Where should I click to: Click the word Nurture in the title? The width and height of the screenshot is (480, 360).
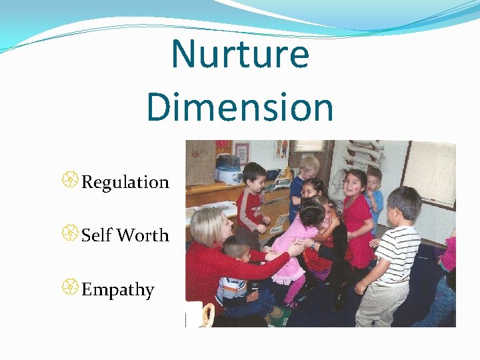pyautogui.click(x=240, y=55)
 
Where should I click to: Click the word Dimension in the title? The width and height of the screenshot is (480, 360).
pyautogui.click(x=240, y=107)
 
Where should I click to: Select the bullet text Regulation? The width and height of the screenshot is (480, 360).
pyautogui.click(x=125, y=182)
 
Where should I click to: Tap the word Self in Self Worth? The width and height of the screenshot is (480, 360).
pyautogui.click(x=96, y=235)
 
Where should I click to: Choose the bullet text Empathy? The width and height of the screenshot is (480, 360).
pyautogui.click(x=117, y=290)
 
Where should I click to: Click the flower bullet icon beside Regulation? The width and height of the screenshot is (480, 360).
pyautogui.click(x=72, y=181)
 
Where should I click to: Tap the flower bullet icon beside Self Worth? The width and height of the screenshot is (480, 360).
pyautogui.click(x=72, y=234)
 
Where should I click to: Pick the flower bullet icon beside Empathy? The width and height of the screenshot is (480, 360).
pyautogui.click(x=72, y=288)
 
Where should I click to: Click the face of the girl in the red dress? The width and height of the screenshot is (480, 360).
pyautogui.click(x=355, y=182)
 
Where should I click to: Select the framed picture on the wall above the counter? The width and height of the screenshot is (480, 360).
pyautogui.click(x=241, y=153)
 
